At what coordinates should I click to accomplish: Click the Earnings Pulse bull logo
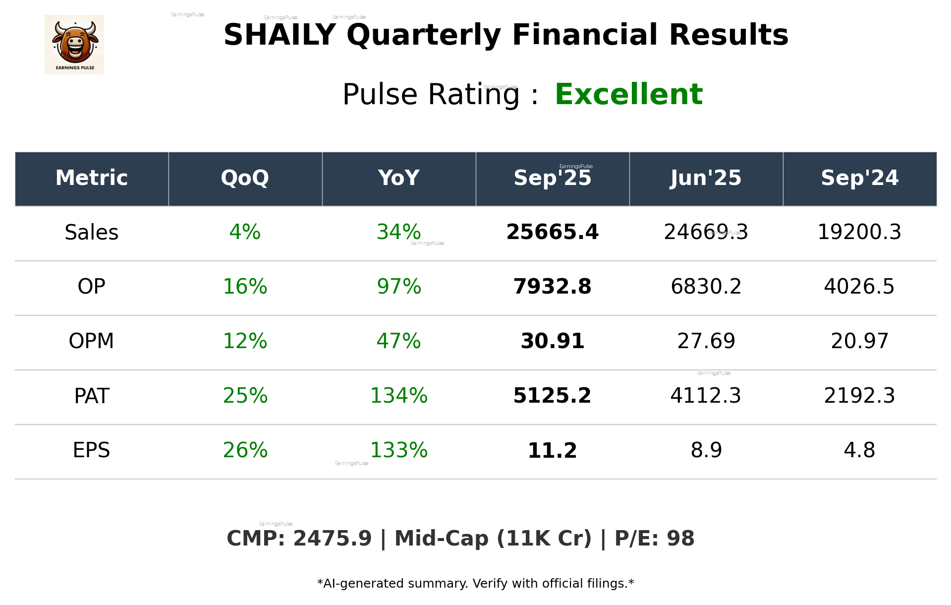[74, 45]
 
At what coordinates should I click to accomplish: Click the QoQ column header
[245, 178]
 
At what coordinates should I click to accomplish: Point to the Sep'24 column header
[859, 178]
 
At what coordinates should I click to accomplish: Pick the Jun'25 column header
[706, 178]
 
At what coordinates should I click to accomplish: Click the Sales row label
[92, 233]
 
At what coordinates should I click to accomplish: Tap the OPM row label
[92, 341]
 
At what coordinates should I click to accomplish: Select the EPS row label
[92, 450]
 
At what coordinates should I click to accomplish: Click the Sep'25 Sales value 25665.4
[552, 232]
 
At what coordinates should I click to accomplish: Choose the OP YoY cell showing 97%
[399, 287]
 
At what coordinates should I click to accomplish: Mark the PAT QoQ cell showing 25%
[245, 396]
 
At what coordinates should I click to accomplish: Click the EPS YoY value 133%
[399, 450]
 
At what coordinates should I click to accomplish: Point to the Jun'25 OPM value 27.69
[706, 341]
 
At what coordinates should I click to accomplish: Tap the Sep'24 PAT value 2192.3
[859, 396]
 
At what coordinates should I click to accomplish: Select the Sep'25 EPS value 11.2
[552, 450]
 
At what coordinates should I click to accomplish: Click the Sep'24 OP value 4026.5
[859, 287]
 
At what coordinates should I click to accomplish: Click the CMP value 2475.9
[332, 539]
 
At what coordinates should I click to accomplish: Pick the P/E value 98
[680, 539]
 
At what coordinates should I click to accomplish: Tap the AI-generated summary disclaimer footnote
[475, 584]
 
